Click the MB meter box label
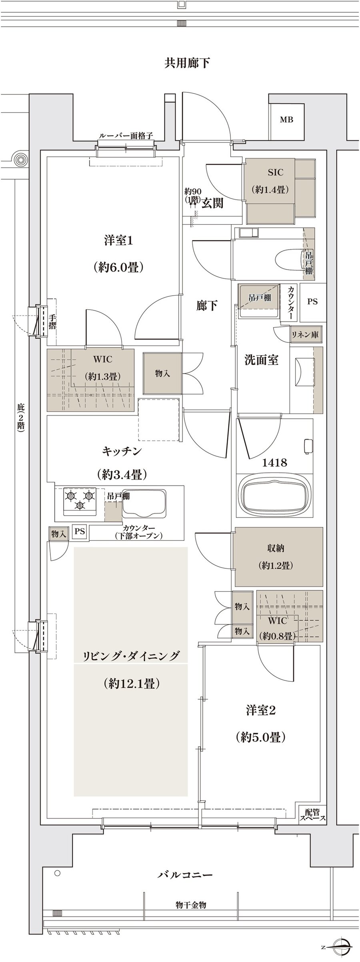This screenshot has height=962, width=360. (x=286, y=120)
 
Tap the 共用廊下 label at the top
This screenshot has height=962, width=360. (x=187, y=63)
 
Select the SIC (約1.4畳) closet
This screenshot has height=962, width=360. (x=275, y=181)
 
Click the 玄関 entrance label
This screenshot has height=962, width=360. (x=212, y=204)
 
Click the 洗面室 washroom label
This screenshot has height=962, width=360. (x=262, y=360)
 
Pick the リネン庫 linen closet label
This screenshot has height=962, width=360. (x=305, y=335)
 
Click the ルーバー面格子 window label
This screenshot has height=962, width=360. (x=126, y=136)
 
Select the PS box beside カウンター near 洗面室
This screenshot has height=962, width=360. (x=312, y=302)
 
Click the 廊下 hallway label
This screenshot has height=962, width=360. (x=207, y=306)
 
